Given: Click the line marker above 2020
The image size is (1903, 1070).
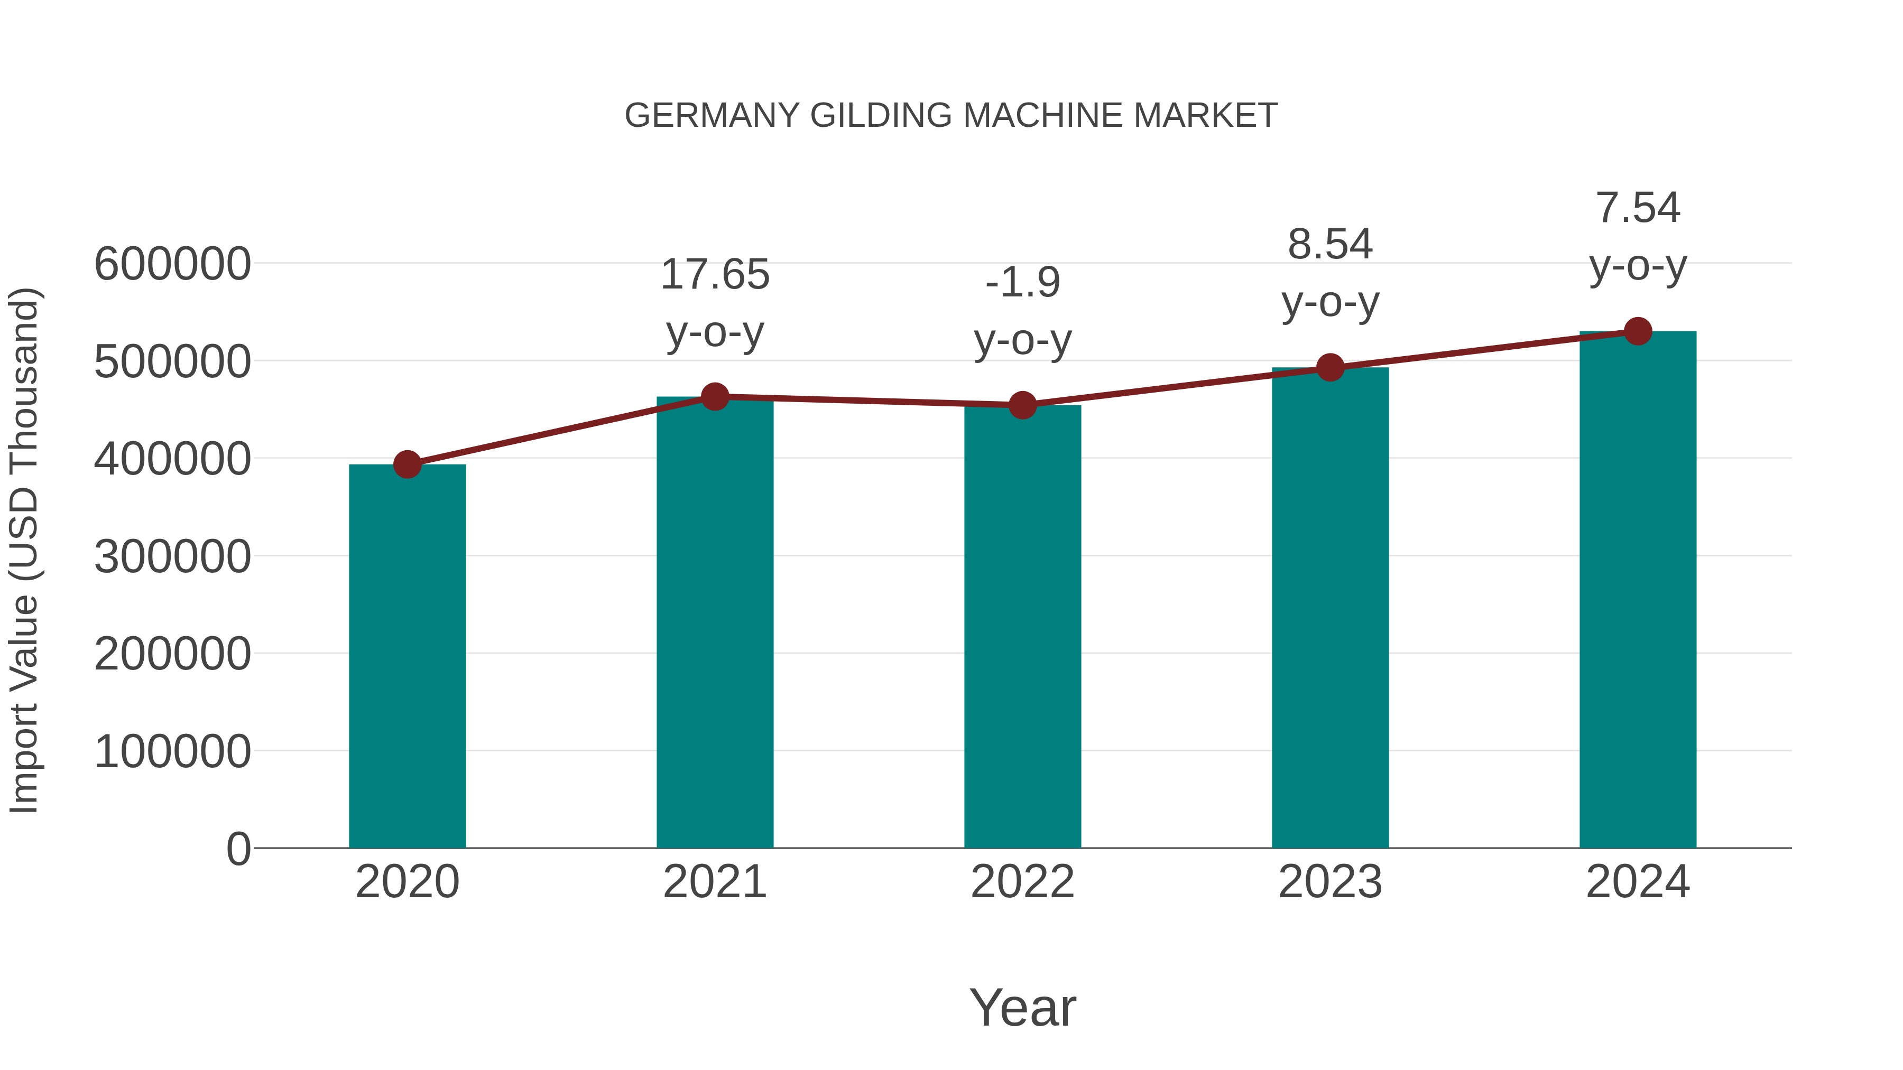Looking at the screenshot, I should pyautogui.click(x=407, y=464).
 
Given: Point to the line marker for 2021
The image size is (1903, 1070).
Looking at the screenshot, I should pyautogui.click(x=714, y=396).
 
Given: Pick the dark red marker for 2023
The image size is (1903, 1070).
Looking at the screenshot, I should pyautogui.click(x=1330, y=367).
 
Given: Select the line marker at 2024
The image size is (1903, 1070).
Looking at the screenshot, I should pyautogui.click(x=1638, y=331).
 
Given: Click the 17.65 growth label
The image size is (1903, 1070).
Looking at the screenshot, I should pyautogui.click(x=714, y=275).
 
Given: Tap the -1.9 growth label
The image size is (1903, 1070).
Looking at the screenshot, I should pyautogui.click(x=1022, y=282).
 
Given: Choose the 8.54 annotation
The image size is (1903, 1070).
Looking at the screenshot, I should pyautogui.click(x=1330, y=245).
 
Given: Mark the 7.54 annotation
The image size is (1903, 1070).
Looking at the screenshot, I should pyautogui.click(x=1638, y=208).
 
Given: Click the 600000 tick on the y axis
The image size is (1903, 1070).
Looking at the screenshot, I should pyautogui.click(x=172, y=264).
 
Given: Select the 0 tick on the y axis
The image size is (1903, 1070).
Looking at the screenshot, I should pyautogui.click(x=238, y=849).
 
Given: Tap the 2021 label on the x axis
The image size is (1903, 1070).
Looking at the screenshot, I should pyautogui.click(x=714, y=882).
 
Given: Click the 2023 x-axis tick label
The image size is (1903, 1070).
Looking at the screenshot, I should pyautogui.click(x=1330, y=882).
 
